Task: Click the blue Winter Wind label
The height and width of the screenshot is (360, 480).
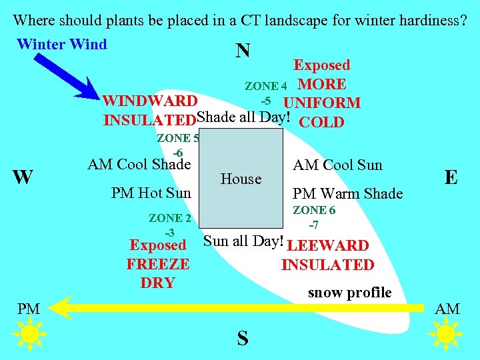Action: point(61,45)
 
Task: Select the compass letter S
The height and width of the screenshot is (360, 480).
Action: point(243,339)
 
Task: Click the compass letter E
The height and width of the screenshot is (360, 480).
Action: point(451,176)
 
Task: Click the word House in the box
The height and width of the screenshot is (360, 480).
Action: point(241,179)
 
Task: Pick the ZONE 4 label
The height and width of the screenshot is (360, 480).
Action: point(265,86)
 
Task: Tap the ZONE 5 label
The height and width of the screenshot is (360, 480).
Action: point(177,139)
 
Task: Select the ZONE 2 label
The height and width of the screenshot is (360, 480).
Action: point(169,218)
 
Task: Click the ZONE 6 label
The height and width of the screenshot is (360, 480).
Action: point(314,210)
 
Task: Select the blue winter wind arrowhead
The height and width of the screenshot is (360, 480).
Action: point(90,90)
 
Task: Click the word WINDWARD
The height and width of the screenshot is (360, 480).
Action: point(150,102)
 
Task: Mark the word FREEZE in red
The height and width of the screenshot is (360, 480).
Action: point(158,264)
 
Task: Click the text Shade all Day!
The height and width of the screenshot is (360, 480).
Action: point(243,117)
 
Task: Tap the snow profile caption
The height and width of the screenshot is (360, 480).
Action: point(349,292)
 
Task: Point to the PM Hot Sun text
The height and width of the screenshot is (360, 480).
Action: point(151,193)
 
